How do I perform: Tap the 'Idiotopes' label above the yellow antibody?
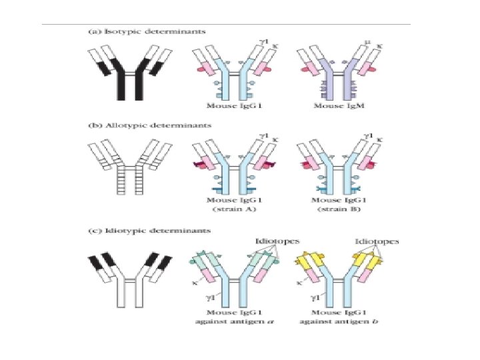click(x=377, y=242)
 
